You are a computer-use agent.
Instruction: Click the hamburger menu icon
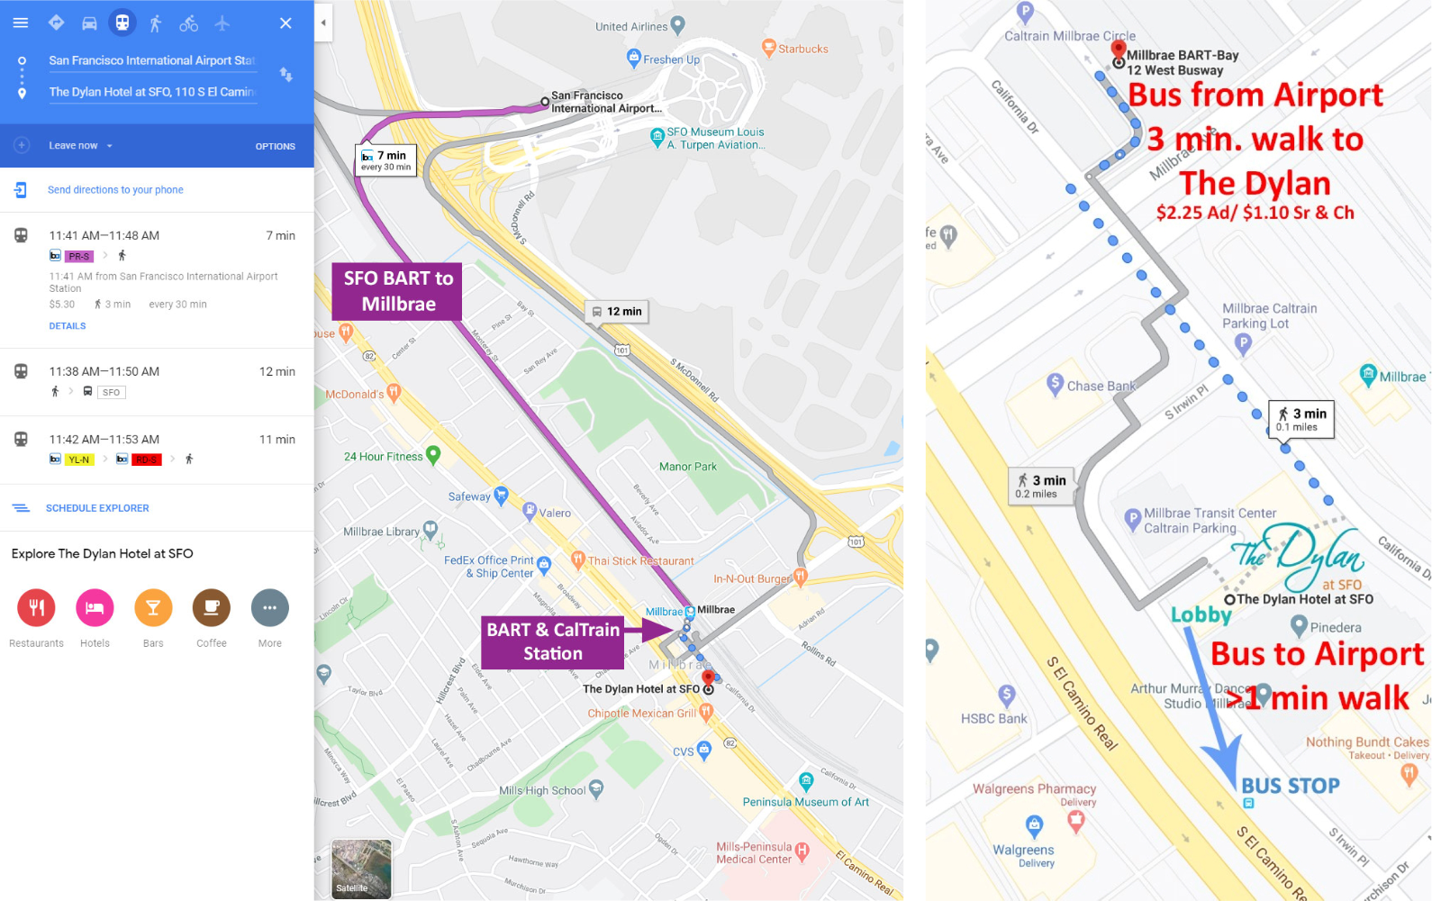coord(21,23)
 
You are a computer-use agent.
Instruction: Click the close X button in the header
coord(285,23)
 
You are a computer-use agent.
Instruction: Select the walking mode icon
coord(155,23)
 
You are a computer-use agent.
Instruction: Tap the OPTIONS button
coord(275,146)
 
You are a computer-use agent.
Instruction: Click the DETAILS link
coord(68,326)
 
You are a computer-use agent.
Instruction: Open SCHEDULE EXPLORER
coord(97,508)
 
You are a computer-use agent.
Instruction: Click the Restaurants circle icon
coord(36,607)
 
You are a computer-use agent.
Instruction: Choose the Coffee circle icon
coord(211,607)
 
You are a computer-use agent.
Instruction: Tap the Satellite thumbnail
coord(361,869)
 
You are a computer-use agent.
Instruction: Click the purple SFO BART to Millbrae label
coord(397,291)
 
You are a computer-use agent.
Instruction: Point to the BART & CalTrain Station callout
coord(553,642)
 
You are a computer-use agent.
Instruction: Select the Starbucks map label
coord(802,49)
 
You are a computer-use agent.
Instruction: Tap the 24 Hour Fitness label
coord(384,457)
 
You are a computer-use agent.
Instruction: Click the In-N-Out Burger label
coord(752,578)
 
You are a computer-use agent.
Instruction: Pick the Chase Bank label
coord(1101,386)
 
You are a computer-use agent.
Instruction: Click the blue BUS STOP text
coord(1290,786)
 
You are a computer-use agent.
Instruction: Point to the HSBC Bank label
coord(994,718)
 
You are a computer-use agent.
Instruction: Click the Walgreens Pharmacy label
coord(1034,788)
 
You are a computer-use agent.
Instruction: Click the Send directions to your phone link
coord(115,190)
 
